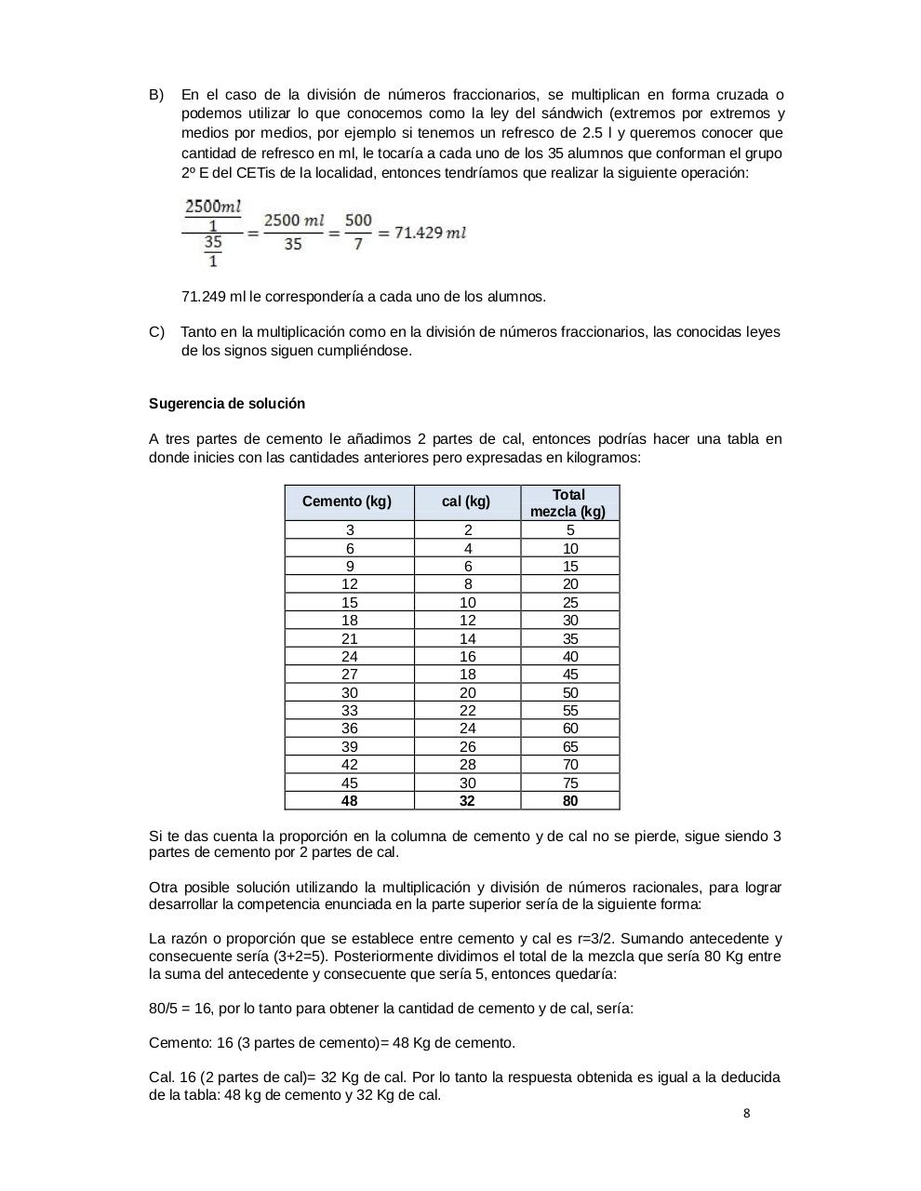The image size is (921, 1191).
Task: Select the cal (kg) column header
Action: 467,502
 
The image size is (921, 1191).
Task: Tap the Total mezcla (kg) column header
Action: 569,503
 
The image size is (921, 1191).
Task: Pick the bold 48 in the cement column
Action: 349,801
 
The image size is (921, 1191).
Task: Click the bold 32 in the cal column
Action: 467,801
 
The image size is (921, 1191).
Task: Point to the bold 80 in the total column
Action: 570,801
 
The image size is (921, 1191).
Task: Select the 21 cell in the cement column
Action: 349,639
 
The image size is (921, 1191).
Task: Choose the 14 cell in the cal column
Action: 467,639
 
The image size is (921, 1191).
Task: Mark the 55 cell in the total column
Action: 570,711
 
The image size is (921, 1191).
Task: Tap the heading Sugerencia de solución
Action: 227,404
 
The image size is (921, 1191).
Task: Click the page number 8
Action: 747,1114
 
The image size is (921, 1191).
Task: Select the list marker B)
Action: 156,95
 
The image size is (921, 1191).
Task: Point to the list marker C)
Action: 156,332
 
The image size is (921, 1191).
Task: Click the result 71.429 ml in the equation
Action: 430,233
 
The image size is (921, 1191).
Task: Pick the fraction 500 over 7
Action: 358,232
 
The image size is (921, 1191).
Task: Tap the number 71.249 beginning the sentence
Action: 203,297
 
